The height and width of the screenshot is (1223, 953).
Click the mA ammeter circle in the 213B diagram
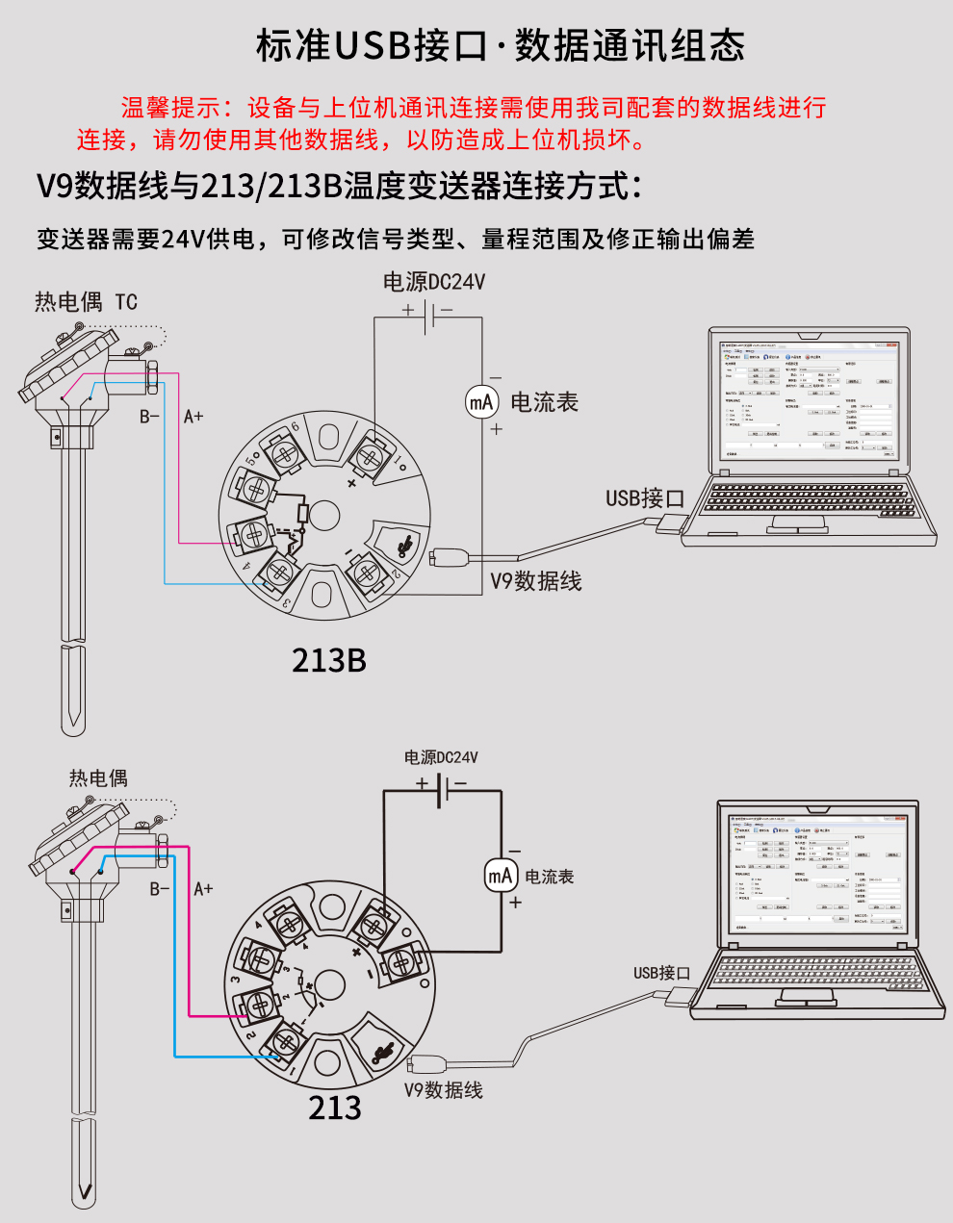click(x=481, y=402)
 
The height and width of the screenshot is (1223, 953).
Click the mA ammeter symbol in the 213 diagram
click(x=500, y=876)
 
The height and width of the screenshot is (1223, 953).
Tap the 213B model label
click(x=329, y=661)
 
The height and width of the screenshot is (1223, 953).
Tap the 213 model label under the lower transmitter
click(x=334, y=1108)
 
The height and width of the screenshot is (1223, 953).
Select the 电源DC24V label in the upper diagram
click(x=434, y=282)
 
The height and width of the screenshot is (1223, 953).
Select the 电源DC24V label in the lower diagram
click(x=441, y=757)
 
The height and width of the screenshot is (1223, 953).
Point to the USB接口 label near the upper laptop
click(x=644, y=498)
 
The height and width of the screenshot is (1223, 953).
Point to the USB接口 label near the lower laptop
click(x=661, y=973)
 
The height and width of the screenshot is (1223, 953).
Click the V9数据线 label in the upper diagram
click(x=536, y=581)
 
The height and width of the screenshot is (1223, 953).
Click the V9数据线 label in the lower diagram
click(x=443, y=1090)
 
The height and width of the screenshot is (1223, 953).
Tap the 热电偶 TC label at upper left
click(x=86, y=302)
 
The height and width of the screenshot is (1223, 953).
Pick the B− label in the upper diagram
click(x=149, y=417)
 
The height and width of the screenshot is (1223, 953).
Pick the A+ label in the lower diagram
click(x=203, y=888)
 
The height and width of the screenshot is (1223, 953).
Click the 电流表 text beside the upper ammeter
click(x=544, y=402)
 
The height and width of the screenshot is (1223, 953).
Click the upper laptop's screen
click(x=809, y=398)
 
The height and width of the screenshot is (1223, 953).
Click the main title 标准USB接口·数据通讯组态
click(x=500, y=45)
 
